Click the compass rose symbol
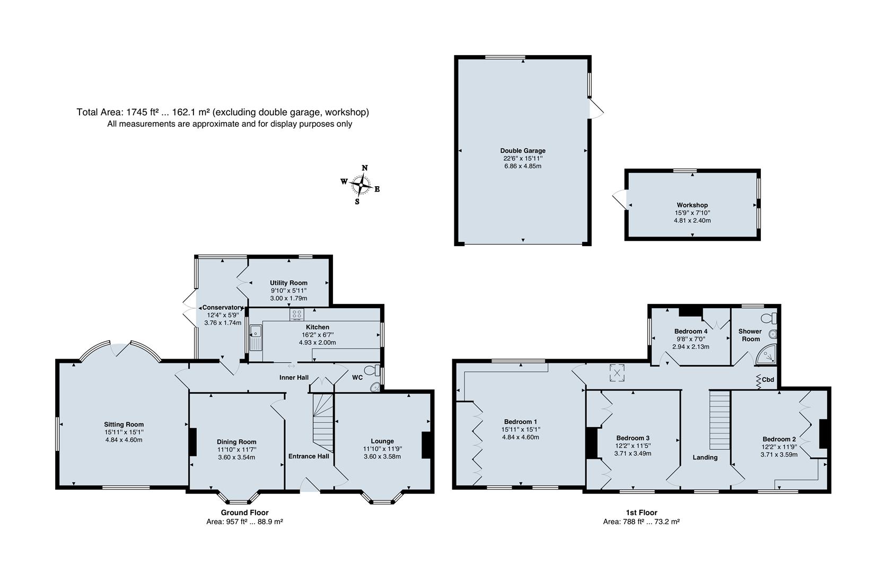click(x=361, y=185)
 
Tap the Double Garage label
click(x=522, y=151)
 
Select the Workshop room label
click(x=692, y=205)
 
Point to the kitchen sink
click(x=256, y=337)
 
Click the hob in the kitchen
click(x=296, y=315)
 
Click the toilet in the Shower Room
click(x=769, y=318)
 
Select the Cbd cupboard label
click(x=768, y=379)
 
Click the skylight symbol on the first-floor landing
click(x=617, y=373)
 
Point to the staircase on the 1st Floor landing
click(x=720, y=420)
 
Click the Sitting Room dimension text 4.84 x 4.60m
click(x=124, y=440)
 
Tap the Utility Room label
click(x=288, y=283)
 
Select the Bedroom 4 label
click(x=690, y=332)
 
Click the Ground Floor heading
click(x=244, y=513)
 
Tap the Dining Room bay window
click(x=239, y=498)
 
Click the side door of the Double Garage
click(x=595, y=108)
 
